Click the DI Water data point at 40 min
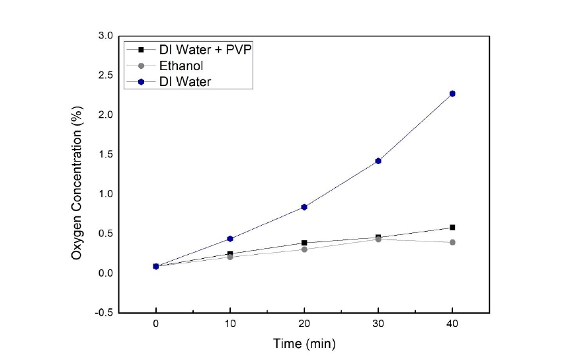pos(452,93)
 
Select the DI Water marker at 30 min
pos(378,161)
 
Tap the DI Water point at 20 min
pos(304,207)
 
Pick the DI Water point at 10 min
pos(230,238)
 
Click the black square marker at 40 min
pos(452,228)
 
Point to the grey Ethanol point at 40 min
pos(452,242)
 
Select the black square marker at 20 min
pos(304,243)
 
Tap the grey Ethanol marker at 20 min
pos(304,249)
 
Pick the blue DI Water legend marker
pos(141,81)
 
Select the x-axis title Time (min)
pos(304,343)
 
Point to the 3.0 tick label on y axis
pos(106,35)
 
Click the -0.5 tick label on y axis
pos(104,312)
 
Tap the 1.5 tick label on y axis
pos(106,154)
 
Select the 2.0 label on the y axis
pos(106,114)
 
